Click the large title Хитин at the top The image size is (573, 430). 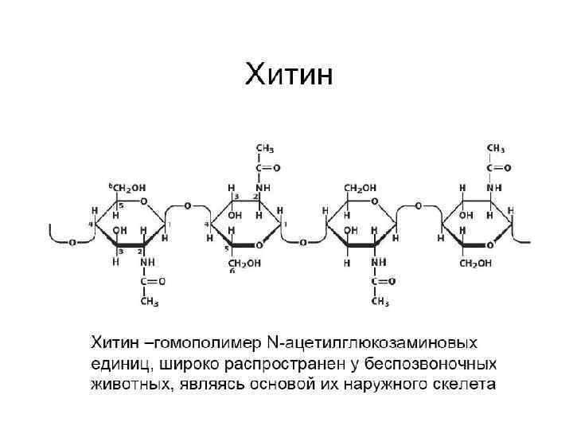coord(290,75)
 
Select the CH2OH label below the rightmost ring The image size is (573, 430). coord(477,263)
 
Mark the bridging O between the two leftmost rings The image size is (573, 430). coord(187,205)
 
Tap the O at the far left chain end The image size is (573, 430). coord(72,241)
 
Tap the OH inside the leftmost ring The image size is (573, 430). coord(120,229)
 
